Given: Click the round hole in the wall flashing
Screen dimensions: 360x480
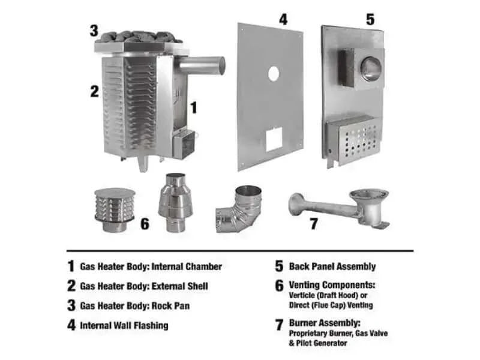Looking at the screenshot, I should point(274,74).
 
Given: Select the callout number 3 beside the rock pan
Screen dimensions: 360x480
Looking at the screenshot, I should point(94,30).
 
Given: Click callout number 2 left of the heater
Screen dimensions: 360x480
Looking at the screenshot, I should point(94,91).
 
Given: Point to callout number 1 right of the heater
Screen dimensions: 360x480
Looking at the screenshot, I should point(193,108).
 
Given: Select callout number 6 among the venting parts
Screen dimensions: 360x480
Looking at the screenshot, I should point(145,224).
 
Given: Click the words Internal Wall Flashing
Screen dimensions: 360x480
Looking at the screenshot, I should point(124,325).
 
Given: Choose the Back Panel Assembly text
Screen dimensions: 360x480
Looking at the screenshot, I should point(332,266).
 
